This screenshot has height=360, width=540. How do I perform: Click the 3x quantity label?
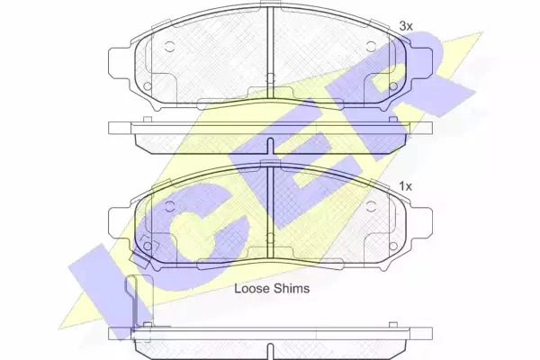pos(406,26)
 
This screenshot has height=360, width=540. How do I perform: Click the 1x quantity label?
pos(405,186)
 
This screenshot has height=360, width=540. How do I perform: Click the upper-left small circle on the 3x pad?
pos(170,47)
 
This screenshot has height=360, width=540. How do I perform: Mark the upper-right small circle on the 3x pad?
pos(371,47)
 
